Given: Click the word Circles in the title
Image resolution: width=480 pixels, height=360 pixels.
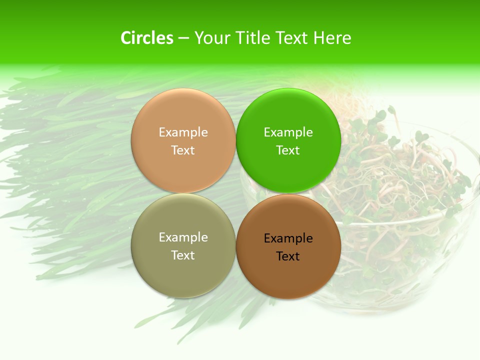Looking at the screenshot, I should (x=147, y=38).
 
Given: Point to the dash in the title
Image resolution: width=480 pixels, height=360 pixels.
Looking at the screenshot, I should (x=183, y=38).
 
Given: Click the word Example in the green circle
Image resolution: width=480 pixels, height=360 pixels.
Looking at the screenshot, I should (x=288, y=132).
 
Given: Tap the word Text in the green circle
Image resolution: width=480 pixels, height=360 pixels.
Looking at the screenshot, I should (x=288, y=150).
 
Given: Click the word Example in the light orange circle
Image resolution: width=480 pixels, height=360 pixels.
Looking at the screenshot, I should (x=183, y=132).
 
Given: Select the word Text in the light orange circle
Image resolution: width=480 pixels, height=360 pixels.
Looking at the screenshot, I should (x=183, y=150).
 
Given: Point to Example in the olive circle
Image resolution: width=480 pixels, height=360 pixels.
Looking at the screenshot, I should (x=183, y=237).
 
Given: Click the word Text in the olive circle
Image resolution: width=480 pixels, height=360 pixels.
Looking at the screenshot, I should (x=183, y=255).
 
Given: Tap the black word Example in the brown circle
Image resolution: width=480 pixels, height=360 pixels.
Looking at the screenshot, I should (x=288, y=238).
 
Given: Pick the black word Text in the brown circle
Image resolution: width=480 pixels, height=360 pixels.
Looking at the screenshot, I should (x=288, y=256).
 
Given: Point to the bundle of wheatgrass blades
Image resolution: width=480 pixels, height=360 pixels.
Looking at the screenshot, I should (x=75, y=165).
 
